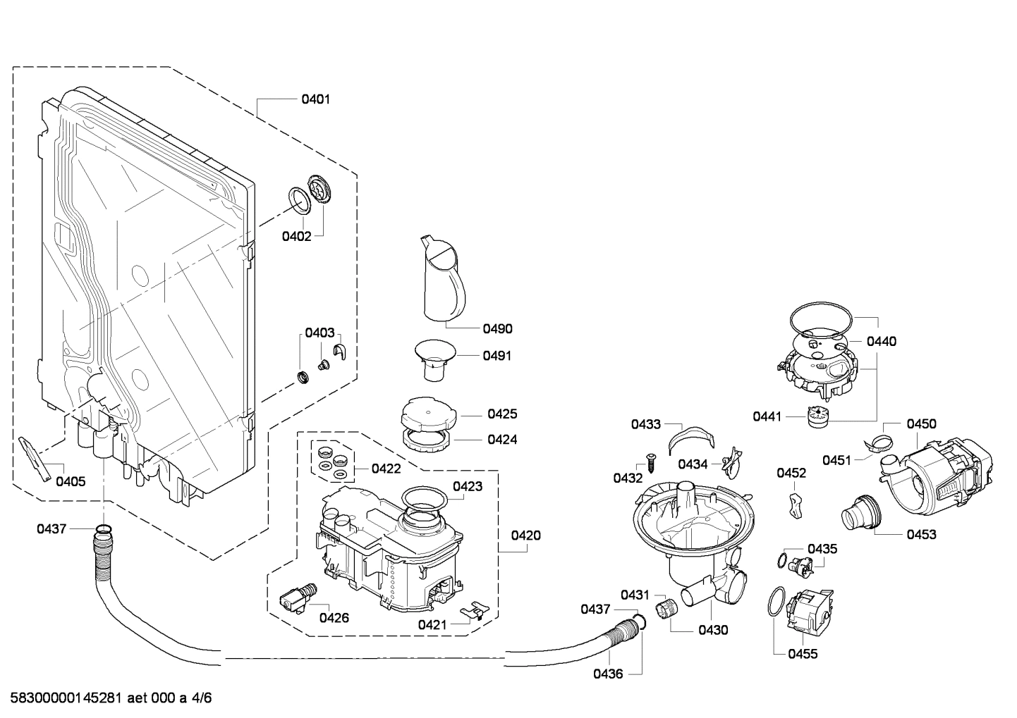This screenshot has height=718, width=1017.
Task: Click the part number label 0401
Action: (315, 99)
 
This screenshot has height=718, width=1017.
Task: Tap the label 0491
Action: (497, 356)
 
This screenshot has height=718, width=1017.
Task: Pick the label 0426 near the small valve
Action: (334, 618)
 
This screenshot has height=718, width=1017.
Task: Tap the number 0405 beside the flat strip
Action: (71, 482)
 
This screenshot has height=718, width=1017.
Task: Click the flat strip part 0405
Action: (35, 458)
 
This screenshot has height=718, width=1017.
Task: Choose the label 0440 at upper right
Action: (881, 342)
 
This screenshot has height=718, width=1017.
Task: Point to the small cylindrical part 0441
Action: (817, 416)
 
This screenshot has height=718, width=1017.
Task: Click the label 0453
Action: (921, 534)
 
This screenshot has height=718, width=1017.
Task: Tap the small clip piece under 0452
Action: (795, 505)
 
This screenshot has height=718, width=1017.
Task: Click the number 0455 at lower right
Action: (802, 654)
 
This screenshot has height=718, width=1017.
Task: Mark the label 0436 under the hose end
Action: (607, 674)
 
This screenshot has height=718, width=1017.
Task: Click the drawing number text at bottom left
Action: (106, 698)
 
